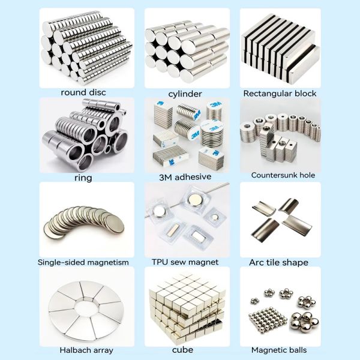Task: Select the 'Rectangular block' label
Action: [280, 94]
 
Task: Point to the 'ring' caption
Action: [84, 178]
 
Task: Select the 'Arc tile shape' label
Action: [278, 262]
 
